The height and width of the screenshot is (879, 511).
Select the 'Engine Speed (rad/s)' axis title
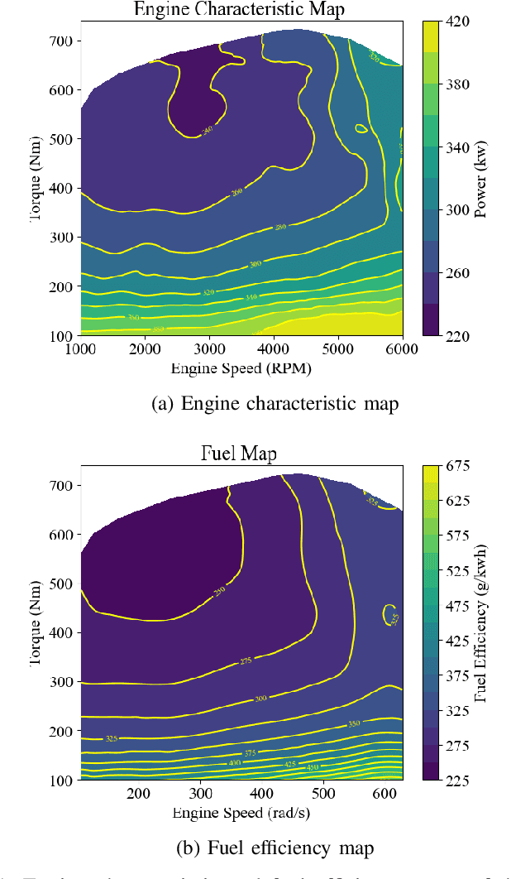241,813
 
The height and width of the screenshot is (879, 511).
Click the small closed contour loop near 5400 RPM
361,128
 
